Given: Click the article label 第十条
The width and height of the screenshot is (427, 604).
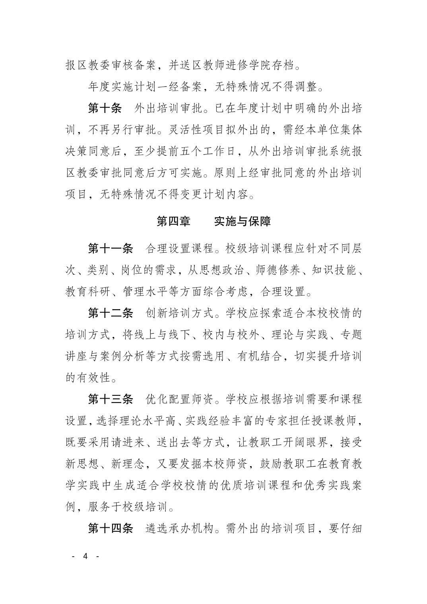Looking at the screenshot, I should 105,108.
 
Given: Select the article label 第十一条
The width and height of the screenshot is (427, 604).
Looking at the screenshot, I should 110,249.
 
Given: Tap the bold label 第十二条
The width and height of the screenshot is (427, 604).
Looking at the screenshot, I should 110,313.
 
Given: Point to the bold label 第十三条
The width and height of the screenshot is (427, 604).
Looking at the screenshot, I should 110,399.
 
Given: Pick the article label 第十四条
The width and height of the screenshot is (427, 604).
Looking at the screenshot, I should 110,528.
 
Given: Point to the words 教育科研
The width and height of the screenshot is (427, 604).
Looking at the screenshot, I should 87,292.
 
